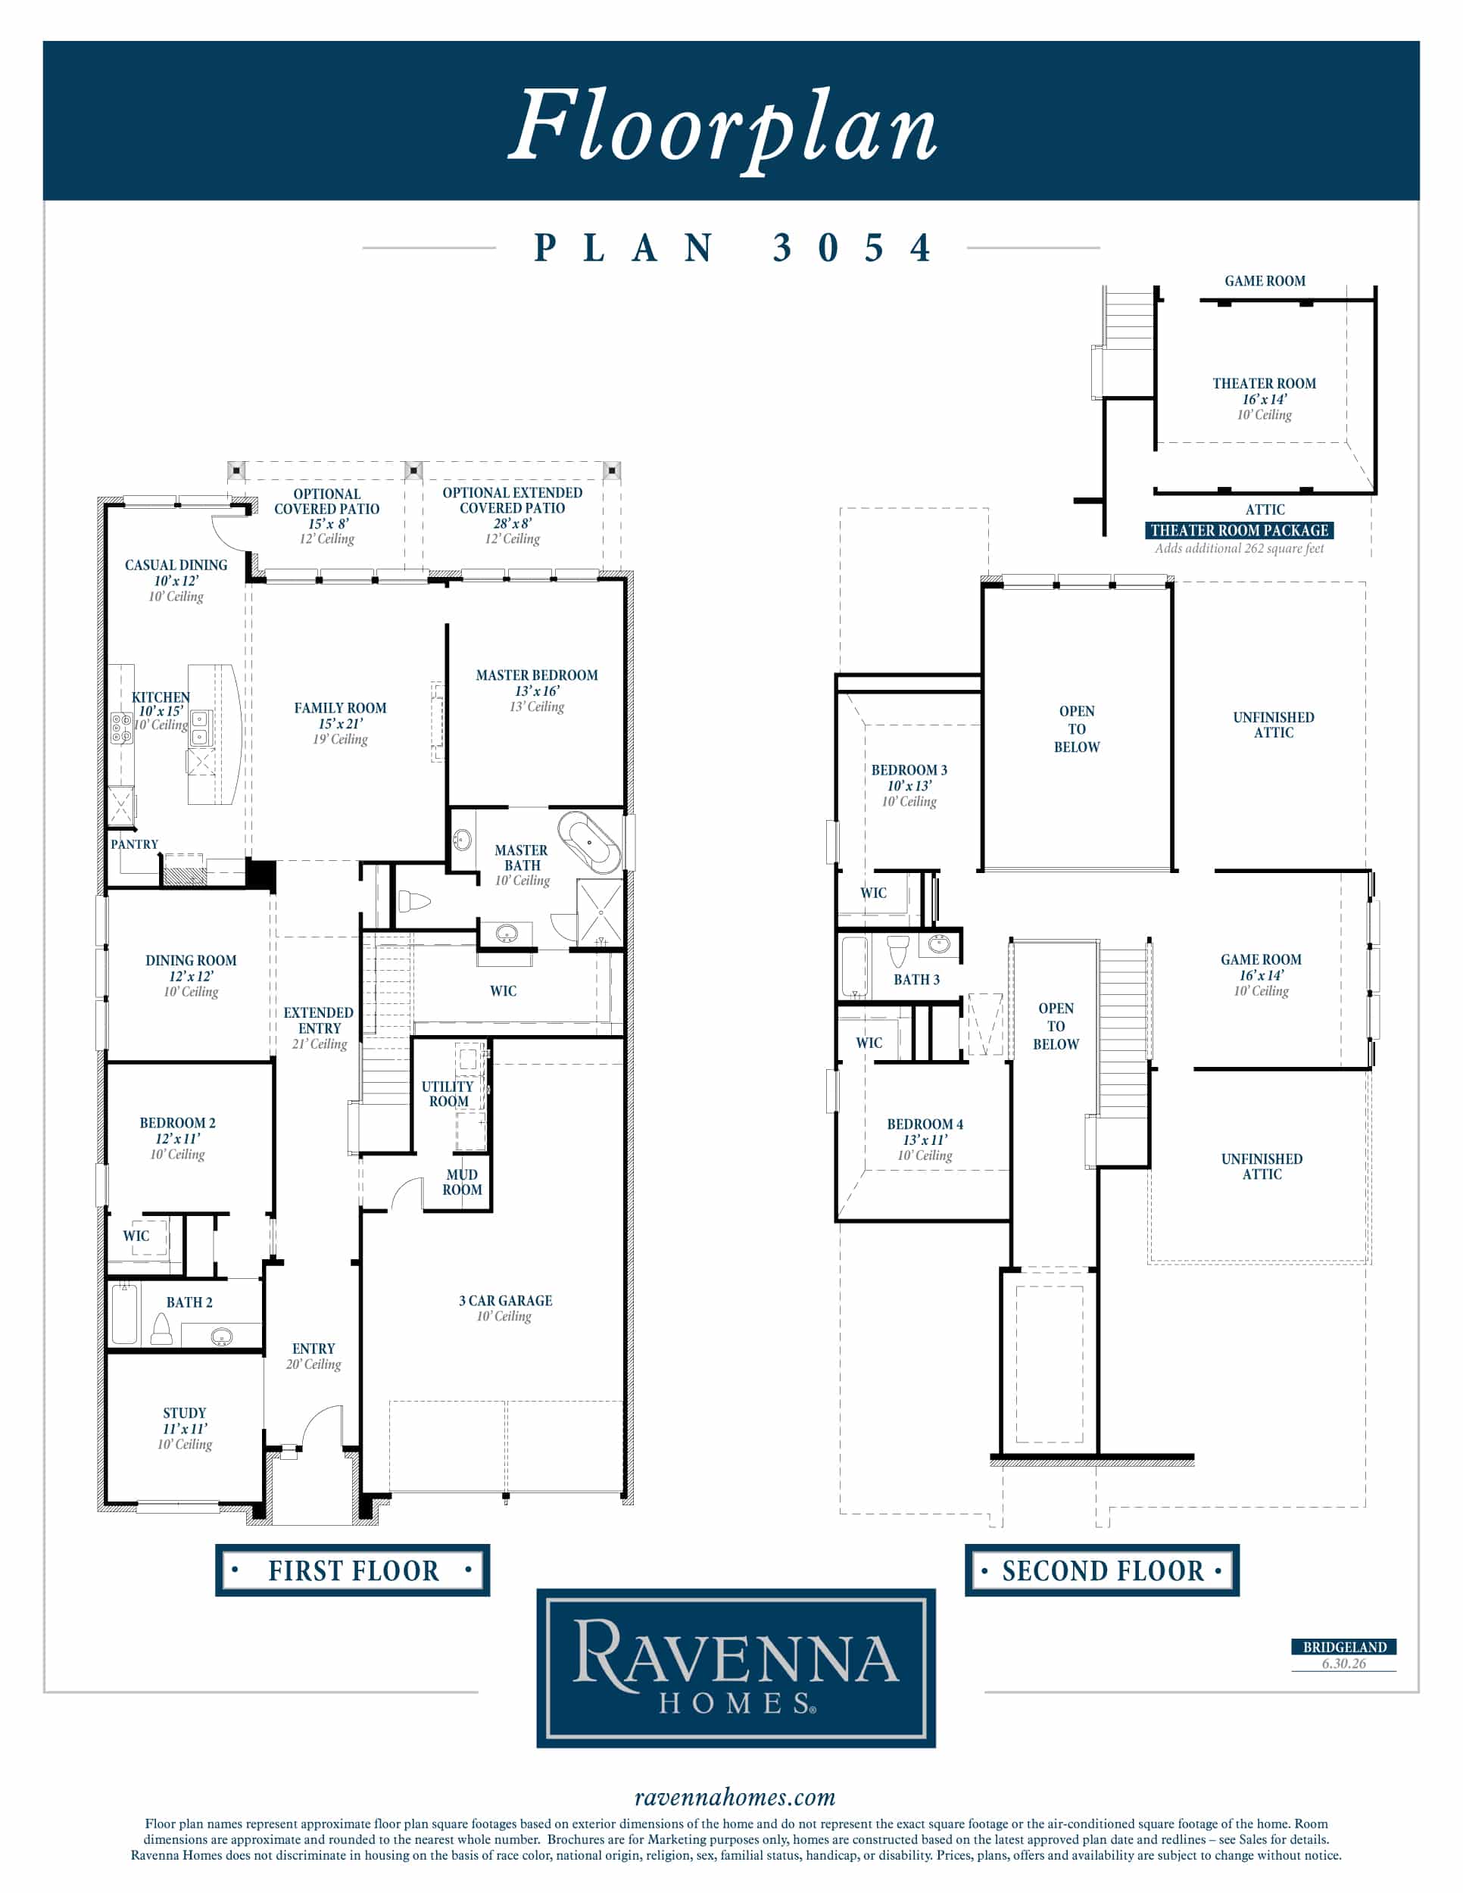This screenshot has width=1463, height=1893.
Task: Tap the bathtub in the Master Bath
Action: pos(589,841)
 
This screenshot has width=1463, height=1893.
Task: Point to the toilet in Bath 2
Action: pos(161,1329)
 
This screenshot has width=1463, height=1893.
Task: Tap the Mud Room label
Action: pos(462,1182)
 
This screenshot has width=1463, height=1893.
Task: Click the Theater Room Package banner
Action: pos(1239,531)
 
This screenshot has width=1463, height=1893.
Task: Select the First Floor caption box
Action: pos(353,1570)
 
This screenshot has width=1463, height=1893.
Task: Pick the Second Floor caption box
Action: pos(1102,1570)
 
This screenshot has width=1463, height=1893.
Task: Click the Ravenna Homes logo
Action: pos(736,1667)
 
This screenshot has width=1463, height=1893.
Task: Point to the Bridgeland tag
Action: pos(1344,1647)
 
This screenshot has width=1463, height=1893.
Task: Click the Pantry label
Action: pos(134,844)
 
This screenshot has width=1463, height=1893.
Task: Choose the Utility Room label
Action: pos(448,1094)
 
